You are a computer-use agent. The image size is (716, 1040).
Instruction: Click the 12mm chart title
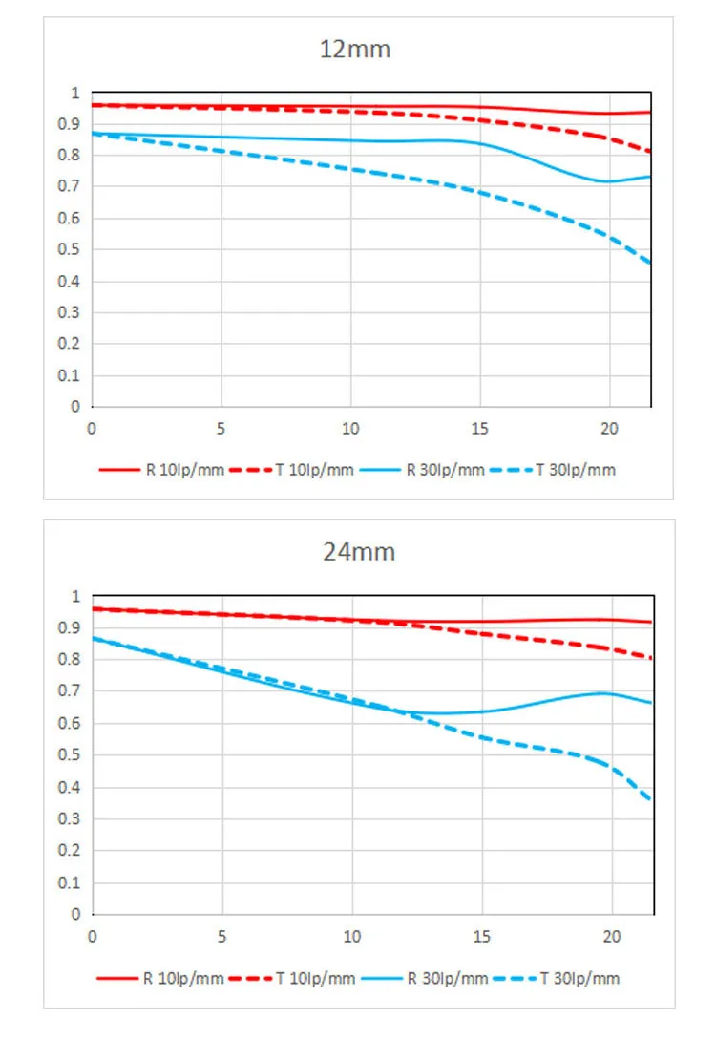click(355, 50)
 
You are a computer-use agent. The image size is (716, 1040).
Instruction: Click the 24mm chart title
click(358, 552)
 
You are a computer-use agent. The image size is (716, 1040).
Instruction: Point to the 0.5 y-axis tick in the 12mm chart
click(74, 250)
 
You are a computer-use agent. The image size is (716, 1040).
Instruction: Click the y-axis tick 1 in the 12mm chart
click(74, 94)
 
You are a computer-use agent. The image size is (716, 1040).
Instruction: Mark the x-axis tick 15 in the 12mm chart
click(480, 428)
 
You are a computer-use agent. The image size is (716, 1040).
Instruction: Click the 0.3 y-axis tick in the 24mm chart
click(74, 819)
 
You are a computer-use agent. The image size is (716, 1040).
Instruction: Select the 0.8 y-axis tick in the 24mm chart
click(74, 660)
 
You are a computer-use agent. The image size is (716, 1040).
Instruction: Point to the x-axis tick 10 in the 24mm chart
click(351, 935)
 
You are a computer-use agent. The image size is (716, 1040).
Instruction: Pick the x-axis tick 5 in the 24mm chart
click(221, 935)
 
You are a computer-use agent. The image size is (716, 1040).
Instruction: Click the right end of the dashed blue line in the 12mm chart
click(650, 263)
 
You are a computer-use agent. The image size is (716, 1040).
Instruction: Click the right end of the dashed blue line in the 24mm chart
click(650, 799)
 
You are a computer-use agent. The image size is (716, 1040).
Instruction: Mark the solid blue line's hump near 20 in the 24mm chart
click(605, 693)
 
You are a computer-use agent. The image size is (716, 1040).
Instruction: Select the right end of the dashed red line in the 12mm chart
click(650, 151)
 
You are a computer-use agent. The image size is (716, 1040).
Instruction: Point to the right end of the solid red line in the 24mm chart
click(650, 623)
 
